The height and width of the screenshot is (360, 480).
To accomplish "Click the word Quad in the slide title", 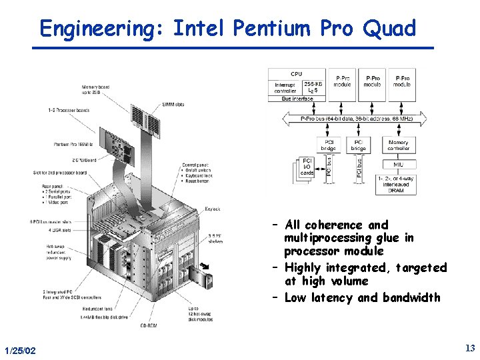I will [x=389, y=29].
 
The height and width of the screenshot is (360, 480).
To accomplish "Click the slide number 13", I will [x=469, y=348].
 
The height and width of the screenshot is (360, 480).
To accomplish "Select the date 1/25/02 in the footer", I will [x=20, y=351].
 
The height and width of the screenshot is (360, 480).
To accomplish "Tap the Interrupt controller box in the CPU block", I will [x=285, y=87].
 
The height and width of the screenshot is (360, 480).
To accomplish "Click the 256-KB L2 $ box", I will [x=314, y=87].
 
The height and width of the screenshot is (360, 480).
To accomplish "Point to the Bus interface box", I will [x=297, y=99].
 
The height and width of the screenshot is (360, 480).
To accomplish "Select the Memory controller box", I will [x=399, y=145].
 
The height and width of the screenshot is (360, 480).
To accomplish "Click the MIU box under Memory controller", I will [x=399, y=164].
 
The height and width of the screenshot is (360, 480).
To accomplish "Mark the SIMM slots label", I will [x=173, y=104].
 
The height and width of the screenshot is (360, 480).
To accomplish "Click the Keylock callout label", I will [x=213, y=209].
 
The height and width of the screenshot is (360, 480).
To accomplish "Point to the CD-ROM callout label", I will [x=148, y=326].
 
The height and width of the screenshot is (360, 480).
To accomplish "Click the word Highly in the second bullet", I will [x=302, y=268].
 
